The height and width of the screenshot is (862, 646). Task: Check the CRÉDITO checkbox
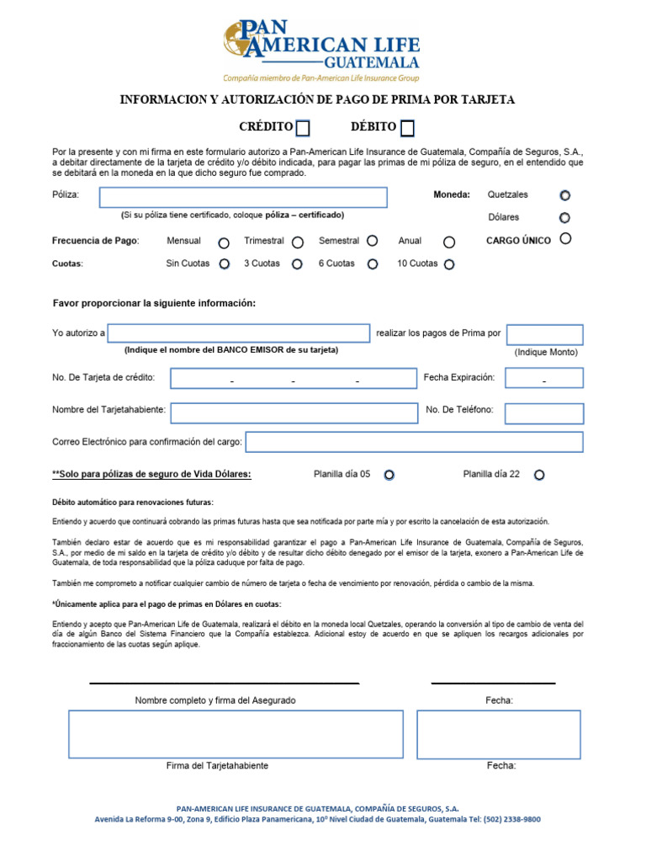tap(304, 128)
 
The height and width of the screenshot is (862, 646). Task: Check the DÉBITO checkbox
tap(407, 128)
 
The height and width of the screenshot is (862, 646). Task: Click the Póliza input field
tap(243, 197)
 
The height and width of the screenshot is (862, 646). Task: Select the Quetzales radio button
tap(564, 195)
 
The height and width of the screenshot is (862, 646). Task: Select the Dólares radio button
tap(564, 218)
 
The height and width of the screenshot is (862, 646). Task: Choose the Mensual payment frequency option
tap(224, 242)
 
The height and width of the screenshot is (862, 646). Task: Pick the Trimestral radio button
tap(298, 242)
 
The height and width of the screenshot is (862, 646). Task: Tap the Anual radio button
tap(449, 242)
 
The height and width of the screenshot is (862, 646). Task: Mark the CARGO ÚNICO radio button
tap(565, 239)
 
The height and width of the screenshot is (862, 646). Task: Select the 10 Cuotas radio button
tap(449, 264)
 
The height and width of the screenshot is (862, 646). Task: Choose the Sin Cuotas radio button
tap(224, 263)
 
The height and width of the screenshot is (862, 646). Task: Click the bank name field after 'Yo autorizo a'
tap(238, 333)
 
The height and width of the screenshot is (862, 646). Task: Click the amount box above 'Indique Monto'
tap(544, 334)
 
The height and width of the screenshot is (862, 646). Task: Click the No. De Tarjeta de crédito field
tap(294, 378)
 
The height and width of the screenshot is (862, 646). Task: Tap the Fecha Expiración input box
tap(544, 378)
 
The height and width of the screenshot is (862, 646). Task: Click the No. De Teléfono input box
tap(544, 412)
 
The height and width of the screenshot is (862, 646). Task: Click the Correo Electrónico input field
tap(414, 442)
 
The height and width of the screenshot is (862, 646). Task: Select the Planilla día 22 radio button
tap(539, 475)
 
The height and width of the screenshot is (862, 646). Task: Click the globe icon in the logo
tap(235, 40)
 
